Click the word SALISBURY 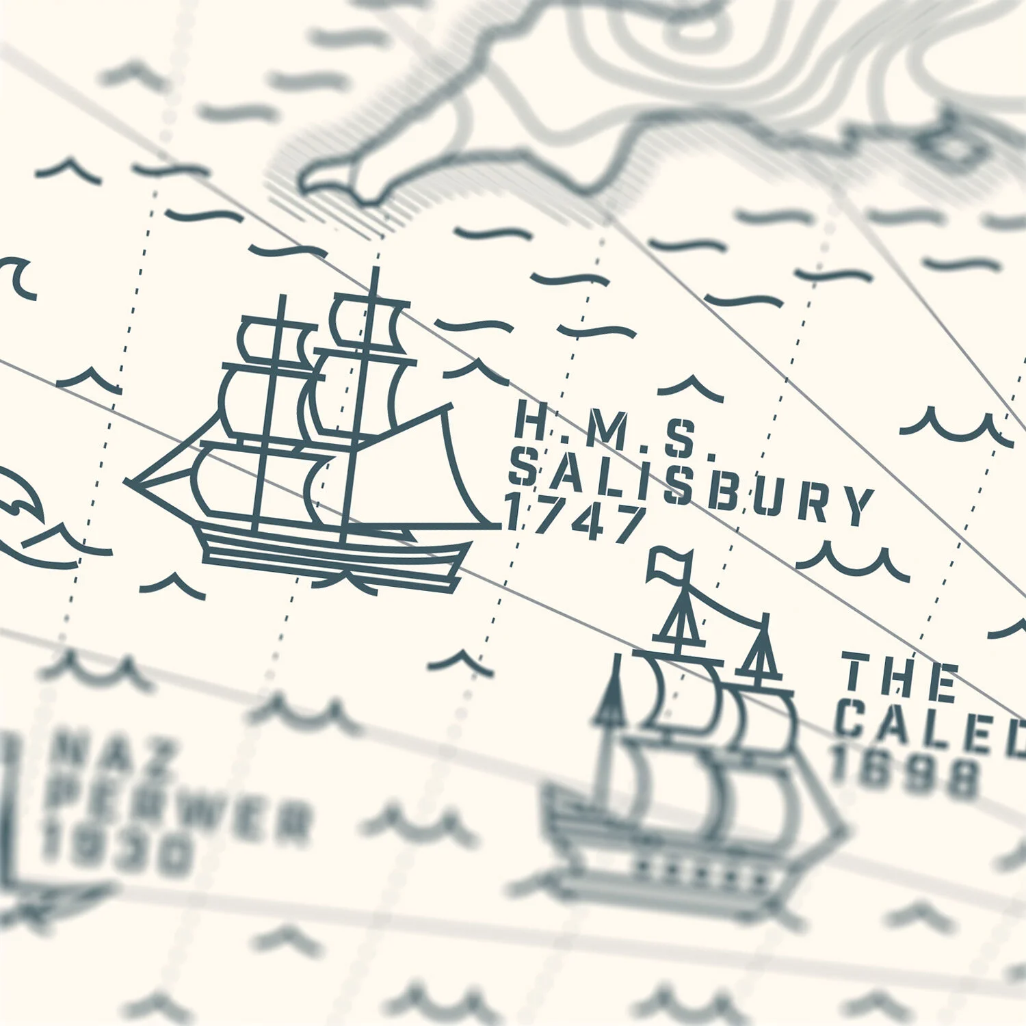click(x=691, y=488)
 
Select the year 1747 click(x=575, y=520)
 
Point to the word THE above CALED click(x=899, y=677)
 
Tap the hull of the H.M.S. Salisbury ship click(x=335, y=554)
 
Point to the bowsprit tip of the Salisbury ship click(x=130, y=482)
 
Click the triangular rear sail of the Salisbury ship click(x=417, y=472)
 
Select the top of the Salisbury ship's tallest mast click(x=374, y=271)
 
